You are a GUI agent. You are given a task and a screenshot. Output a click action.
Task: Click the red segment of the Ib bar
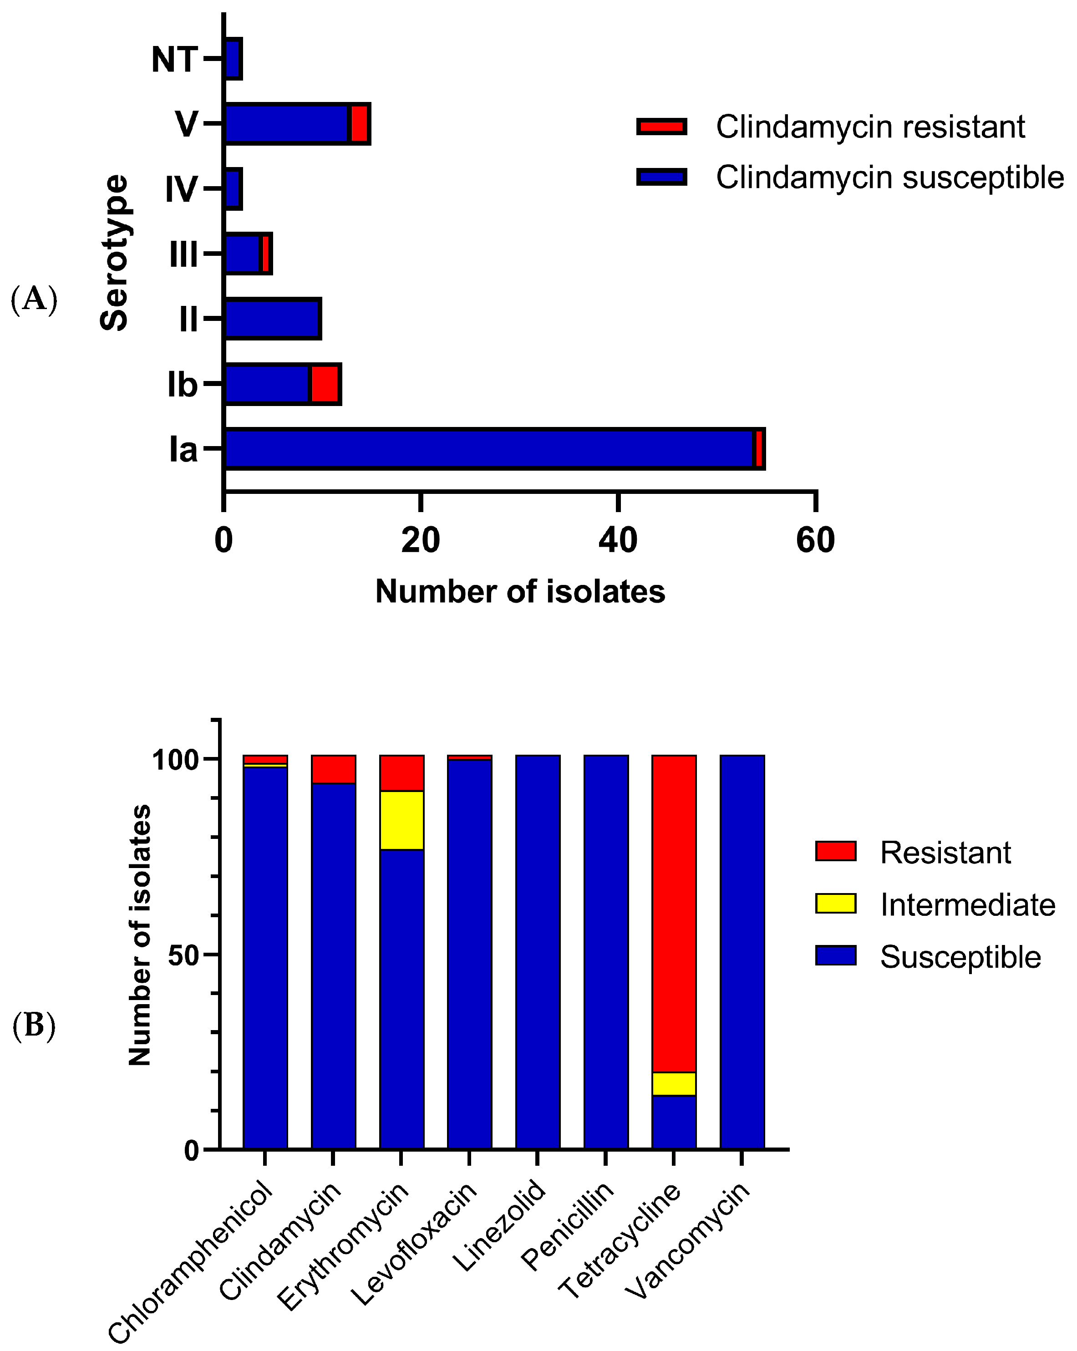tap(325, 383)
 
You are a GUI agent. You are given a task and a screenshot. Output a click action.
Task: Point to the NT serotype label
tap(174, 60)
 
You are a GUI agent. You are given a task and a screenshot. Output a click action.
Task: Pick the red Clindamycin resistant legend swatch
tap(661, 127)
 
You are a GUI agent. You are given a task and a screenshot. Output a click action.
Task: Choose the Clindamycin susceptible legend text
tap(889, 178)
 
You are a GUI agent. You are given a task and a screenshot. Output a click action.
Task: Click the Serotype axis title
tap(115, 253)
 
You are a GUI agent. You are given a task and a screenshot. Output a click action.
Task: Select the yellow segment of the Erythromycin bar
tap(401, 820)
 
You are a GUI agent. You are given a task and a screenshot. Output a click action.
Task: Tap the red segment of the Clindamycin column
tap(333, 769)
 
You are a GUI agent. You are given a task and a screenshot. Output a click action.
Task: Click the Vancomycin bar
tap(742, 952)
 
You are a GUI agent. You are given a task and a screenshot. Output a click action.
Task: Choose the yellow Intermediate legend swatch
tap(835, 904)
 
